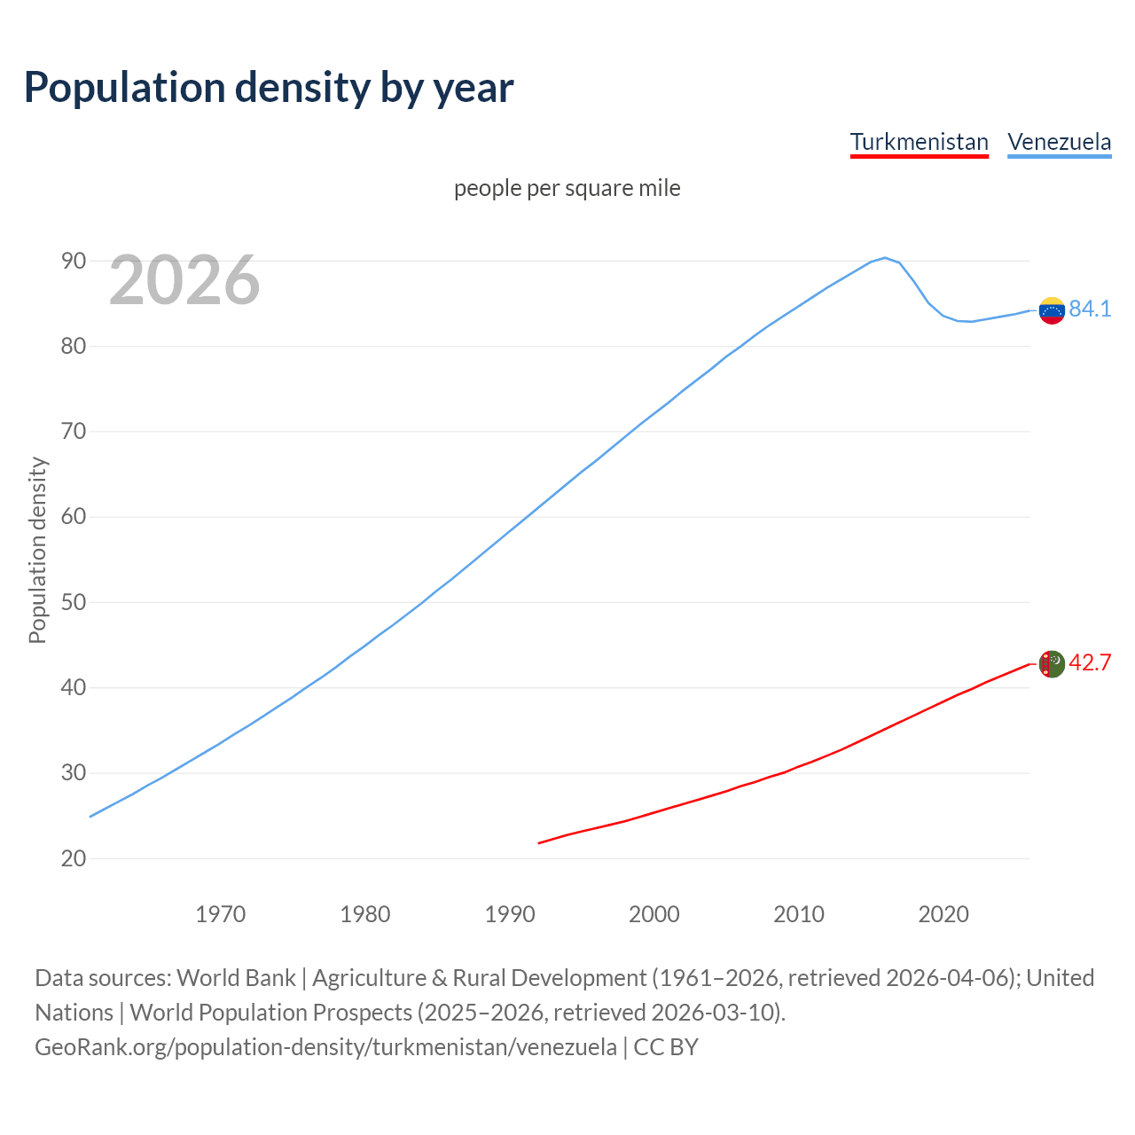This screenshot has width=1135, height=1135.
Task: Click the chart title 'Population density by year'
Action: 269,87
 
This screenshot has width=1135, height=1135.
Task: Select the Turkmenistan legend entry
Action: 919,142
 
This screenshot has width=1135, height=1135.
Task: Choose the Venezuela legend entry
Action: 1059,142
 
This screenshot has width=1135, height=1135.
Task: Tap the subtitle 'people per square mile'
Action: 567,188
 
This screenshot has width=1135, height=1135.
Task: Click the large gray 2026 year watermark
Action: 184,280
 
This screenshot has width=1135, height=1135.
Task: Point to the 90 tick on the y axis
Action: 74,261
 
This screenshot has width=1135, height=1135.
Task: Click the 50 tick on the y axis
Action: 74,602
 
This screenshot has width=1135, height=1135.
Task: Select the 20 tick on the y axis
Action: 74,858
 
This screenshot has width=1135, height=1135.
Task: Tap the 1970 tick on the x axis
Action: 220,914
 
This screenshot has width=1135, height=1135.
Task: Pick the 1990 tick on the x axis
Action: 510,914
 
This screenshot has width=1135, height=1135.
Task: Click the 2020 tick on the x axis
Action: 943,914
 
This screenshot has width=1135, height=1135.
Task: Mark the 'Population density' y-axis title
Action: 37,550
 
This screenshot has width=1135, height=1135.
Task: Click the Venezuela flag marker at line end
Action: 1052,310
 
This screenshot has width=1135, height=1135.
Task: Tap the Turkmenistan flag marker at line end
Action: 1052,663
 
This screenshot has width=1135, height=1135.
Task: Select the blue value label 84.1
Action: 1090,309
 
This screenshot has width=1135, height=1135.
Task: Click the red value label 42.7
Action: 1090,662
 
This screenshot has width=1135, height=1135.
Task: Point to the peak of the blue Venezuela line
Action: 884,258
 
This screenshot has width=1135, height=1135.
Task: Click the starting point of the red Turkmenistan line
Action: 539,842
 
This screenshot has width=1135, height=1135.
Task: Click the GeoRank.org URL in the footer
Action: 325,1046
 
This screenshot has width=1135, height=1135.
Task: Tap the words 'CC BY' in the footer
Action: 666,1046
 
